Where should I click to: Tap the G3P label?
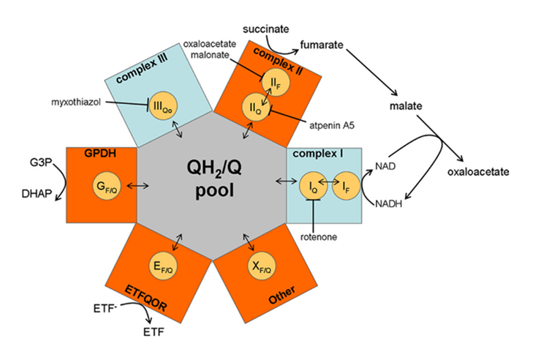click(x=41, y=160)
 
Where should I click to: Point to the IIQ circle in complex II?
click(x=256, y=108)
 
